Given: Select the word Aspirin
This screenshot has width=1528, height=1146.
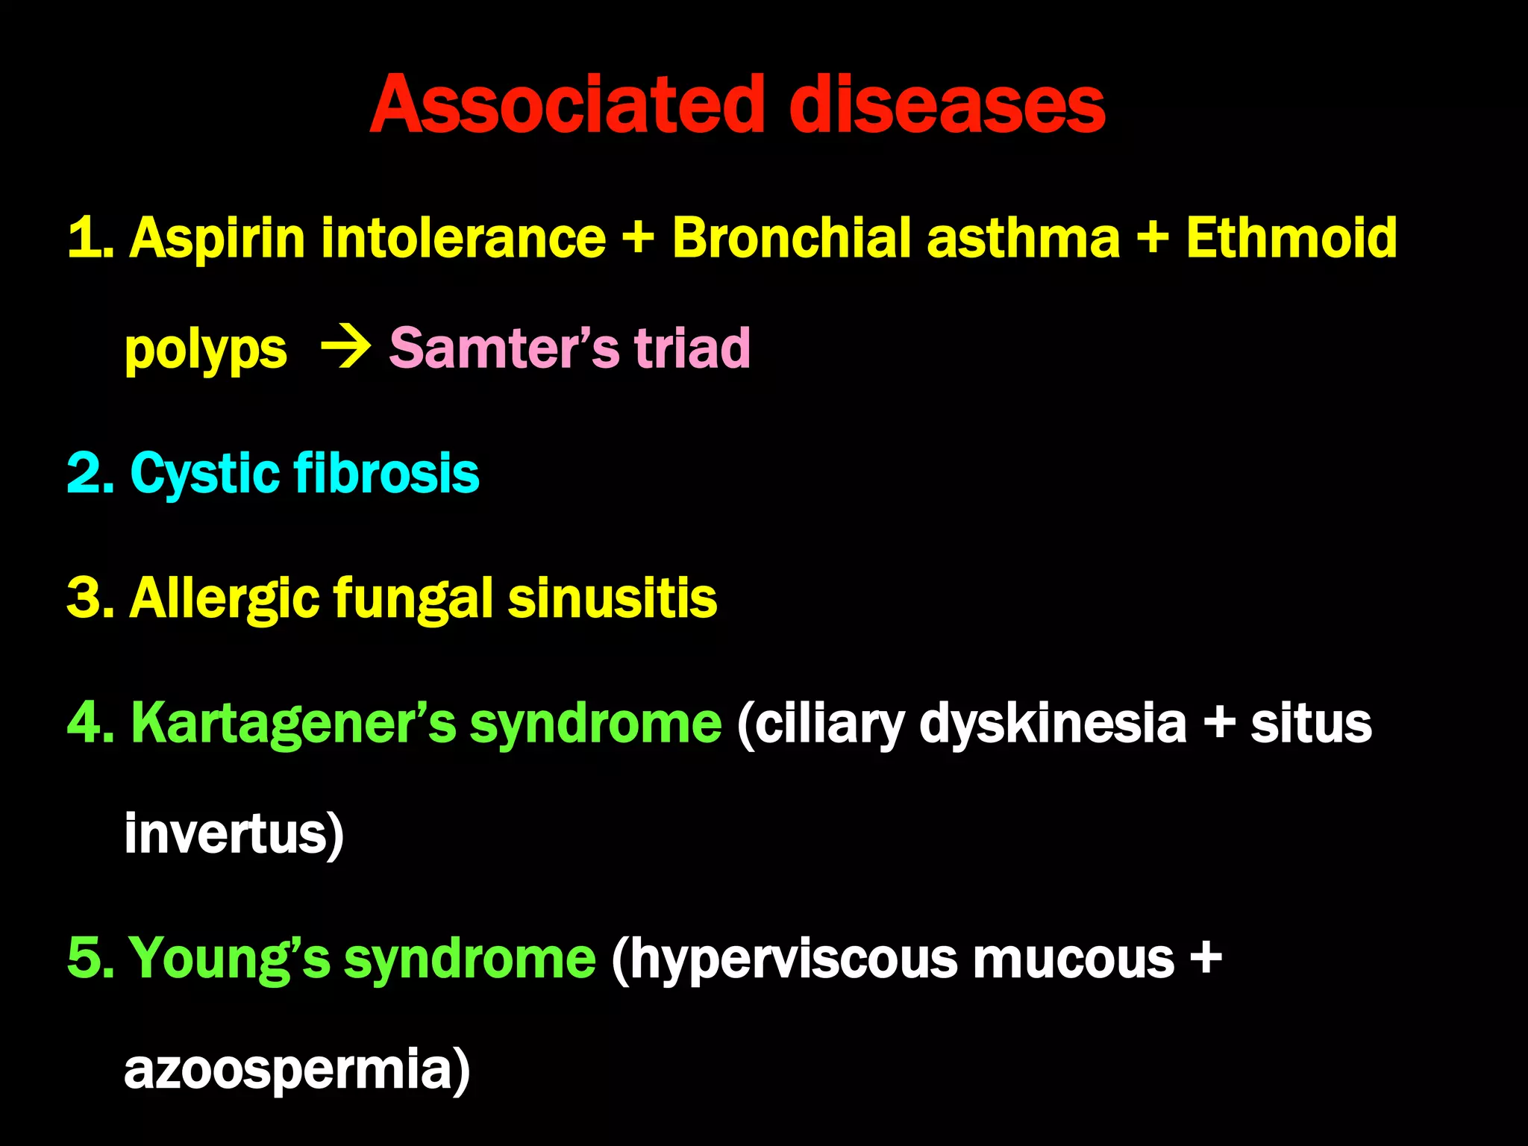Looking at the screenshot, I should coord(217,239).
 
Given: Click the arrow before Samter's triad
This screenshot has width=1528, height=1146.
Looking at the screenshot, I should coord(345,348).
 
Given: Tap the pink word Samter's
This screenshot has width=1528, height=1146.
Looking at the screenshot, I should coord(504,348).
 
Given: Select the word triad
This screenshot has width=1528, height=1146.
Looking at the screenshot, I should coord(692,348).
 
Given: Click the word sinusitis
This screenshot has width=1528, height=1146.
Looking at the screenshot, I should coord(612,598).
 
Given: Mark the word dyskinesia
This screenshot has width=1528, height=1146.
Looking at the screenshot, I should coord(1052,724).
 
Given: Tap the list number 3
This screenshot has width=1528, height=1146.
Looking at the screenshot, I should coord(88,598).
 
